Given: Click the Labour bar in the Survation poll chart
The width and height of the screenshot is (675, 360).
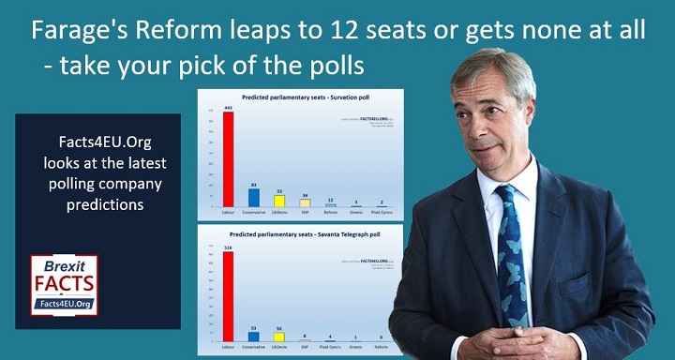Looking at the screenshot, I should click(227, 159).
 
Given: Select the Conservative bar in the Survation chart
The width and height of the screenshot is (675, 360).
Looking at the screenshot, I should click(254, 197).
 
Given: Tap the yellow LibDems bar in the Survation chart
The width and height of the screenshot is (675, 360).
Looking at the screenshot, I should click(279, 201).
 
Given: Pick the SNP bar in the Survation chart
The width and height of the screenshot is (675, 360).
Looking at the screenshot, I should click(305, 202).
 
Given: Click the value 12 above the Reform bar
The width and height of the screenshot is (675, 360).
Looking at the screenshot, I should click(331, 201).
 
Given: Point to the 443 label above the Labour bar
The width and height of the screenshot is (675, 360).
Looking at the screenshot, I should click(227, 108).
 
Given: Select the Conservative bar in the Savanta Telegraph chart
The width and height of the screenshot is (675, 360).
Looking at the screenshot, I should click(253, 336).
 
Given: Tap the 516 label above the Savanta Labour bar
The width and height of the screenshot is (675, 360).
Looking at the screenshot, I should click(227, 247).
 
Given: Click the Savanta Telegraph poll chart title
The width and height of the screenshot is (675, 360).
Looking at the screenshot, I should click(300, 232).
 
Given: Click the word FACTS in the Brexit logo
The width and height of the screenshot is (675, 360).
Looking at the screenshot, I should click(64, 282).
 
